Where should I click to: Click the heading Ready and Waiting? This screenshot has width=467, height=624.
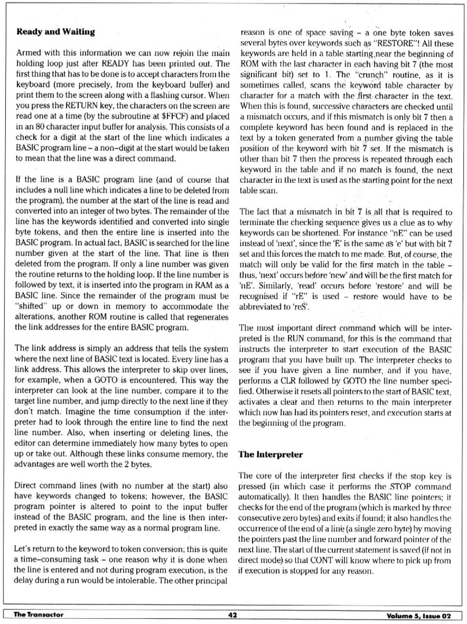55,32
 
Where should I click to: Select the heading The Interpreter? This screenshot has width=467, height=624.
270,455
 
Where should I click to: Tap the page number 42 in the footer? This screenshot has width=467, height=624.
233,615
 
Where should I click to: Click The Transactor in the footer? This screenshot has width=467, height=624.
38,615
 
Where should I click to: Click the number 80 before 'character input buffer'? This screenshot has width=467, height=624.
29,127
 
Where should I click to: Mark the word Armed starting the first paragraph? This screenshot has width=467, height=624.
28,53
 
